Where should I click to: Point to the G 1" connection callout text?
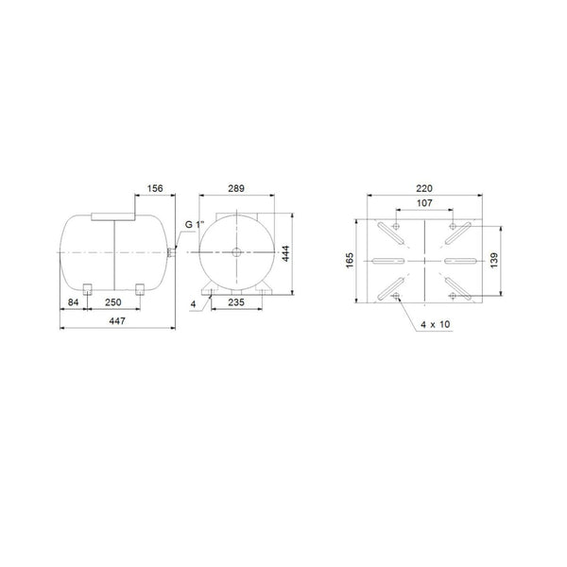pyautogui.click(x=193, y=224)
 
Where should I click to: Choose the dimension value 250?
pyautogui.click(x=112, y=303)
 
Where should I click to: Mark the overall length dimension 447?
pyautogui.click(x=116, y=321)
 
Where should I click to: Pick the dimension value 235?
pyautogui.click(x=237, y=303)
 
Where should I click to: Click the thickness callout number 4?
pyautogui.click(x=192, y=303)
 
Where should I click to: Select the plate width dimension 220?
pyautogui.click(x=424, y=188)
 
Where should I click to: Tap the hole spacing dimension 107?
pyautogui.click(x=424, y=202)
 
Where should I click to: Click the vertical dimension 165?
pyautogui.click(x=351, y=259)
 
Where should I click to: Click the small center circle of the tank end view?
pyautogui.click(x=235, y=252)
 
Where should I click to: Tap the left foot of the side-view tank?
pyautogui.click(x=86, y=287)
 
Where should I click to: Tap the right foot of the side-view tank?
pyautogui.click(x=140, y=287)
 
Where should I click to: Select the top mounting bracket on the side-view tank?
pyautogui.click(x=112, y=216)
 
